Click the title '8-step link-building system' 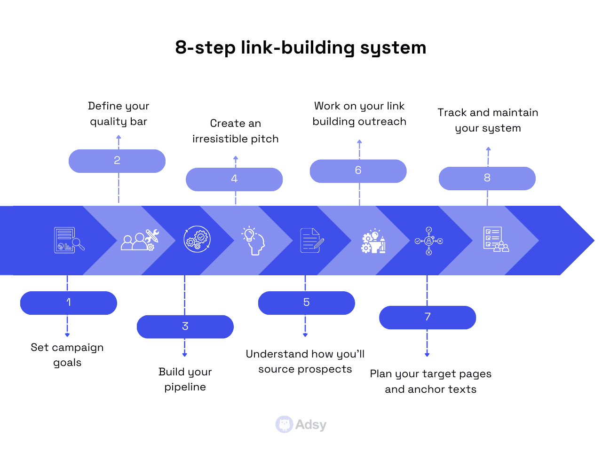coord(301,47)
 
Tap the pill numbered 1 coord(69,303)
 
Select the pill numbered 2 coord(117,161)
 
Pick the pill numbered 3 coord(185,327)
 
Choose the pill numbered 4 coord(234,179)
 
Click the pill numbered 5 coord(306,303)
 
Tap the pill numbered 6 coord(358,171)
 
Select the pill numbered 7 coord(428,318)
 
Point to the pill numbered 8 coord(487,179)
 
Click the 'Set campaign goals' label coord(67,355)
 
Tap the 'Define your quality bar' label coord(119,114)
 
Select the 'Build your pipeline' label coord(185,379)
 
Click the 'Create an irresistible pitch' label coord(235,131)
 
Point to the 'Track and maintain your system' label coord(488,120)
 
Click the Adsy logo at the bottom coord(301,425)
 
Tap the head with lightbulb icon coord(253,241)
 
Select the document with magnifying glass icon coord(69,241)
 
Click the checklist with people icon coord(496,240)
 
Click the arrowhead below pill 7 coord(427,355)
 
